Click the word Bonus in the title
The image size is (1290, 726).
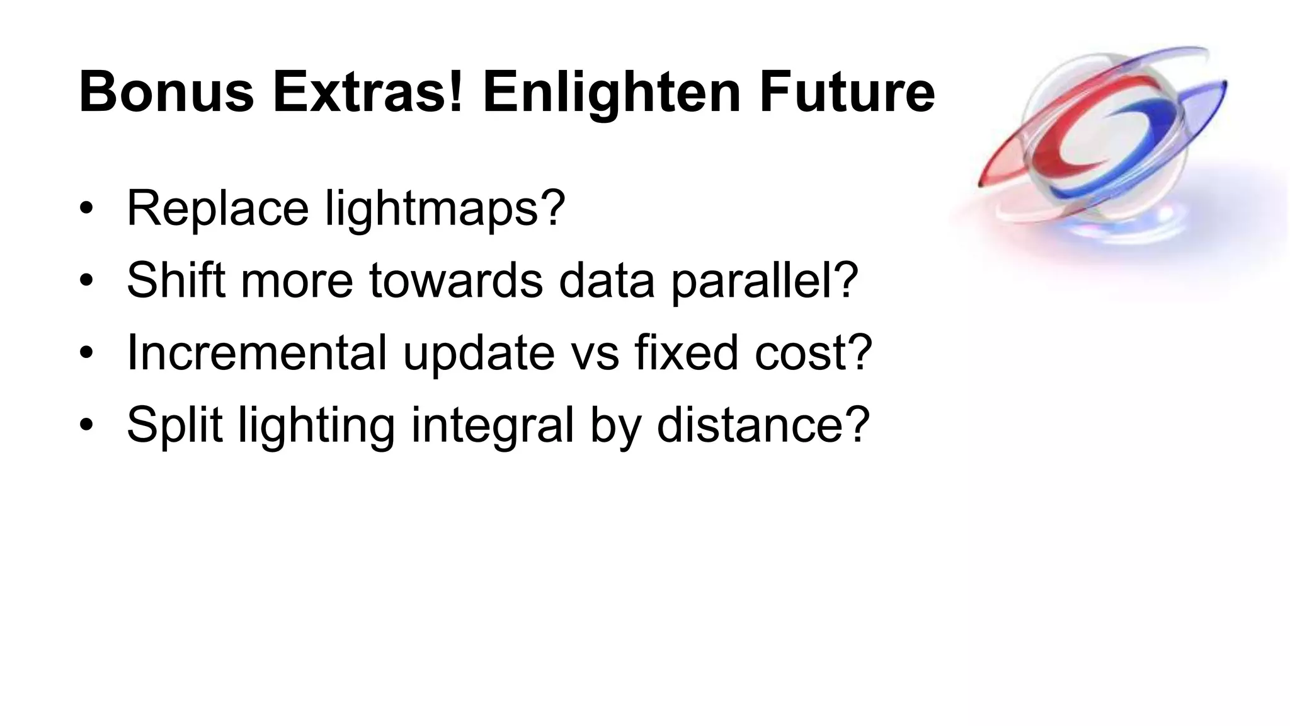(x=166, y=93)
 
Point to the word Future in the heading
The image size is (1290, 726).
(x=847, y=93)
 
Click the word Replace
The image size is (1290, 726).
(x=218, y=208)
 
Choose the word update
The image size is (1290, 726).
(x=479, y=354)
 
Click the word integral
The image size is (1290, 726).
(x=492, y=425)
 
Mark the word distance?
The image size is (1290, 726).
(x=763, y=424)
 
